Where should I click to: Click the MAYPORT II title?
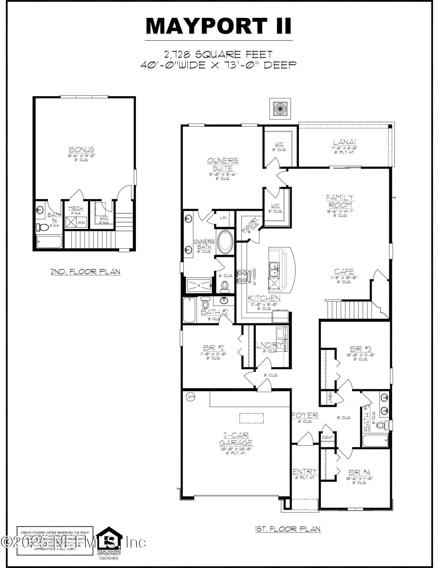pos(218,26)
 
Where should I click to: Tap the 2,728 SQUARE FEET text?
pos(218,54)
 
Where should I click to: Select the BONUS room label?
pos(82,150)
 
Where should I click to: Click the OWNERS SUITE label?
pos(223,164)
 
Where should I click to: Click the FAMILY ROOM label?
pos(340,201)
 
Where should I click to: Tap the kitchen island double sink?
pos(274,269)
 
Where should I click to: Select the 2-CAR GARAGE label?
pos(236,439)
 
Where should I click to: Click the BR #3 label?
pos(361,348)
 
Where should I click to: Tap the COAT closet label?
pos(327,437)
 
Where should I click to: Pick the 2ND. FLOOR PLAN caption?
pos(85,272)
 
